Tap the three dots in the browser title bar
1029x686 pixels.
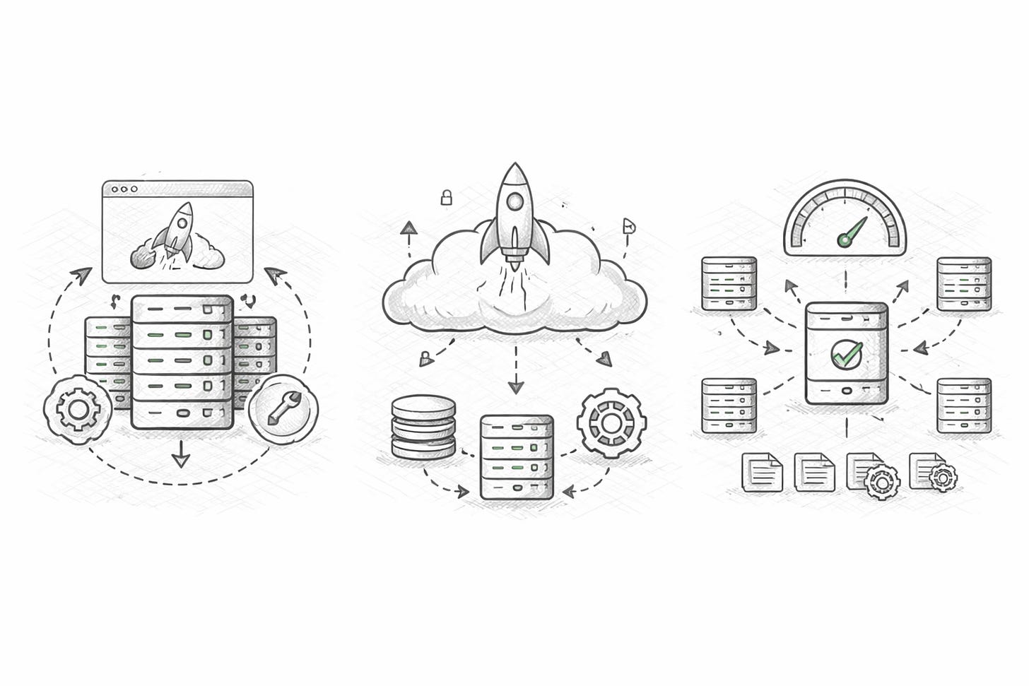(x=124, y=189)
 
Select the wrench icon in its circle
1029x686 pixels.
(x=283, y=409)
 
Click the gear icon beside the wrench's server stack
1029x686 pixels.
(x=77, y=408)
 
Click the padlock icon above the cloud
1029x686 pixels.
(x=446, y=198)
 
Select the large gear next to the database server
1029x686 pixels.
(x=611, y=422)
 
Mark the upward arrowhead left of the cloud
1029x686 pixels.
(x=408, y=228)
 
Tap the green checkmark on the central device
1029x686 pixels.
(x=846, y=353)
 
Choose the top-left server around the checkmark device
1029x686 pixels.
(x=729, y=283)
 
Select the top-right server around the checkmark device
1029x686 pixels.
(x=964, y=284)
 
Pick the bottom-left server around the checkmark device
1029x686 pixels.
(x=729, y=406)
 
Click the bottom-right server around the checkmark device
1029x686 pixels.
(x=964, y=406)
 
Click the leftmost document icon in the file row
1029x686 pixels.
(x=762, y=472)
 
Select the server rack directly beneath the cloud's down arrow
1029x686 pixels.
(x=516, y=456)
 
